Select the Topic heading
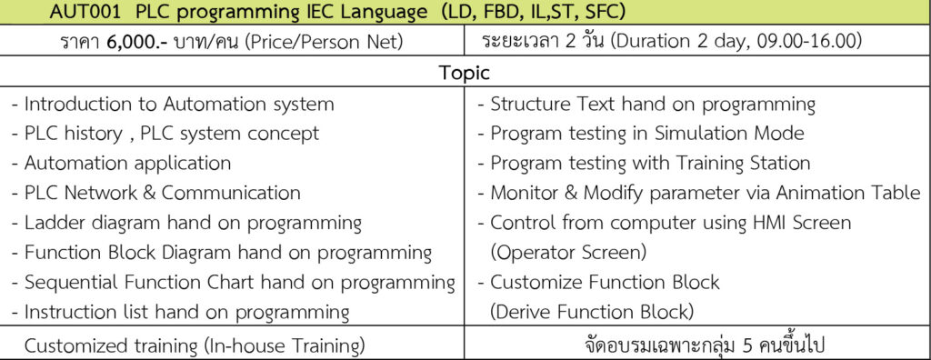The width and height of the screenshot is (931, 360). pyautogui.click(x=465, y=73)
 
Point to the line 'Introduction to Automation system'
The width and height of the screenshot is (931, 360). pyautogui.click(x=173, y=105)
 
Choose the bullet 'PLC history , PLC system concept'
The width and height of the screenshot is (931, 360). pyautogui.click(x=165, y=133)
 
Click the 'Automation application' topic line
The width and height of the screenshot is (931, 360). pyautogui.click(x=121, y=163)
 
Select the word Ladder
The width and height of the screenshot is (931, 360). pyautogui.click(x=54, y=223)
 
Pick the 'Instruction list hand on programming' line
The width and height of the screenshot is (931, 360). pyautogui.click(x=181, y=312)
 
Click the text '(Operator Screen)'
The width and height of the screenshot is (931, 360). pyautogui.click(x=568, y=253)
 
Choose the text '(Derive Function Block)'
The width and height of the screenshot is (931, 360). pyautogui.click(x=591, y=312)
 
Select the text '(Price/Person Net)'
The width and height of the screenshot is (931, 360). pyautogui.click(x=323, y=42)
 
